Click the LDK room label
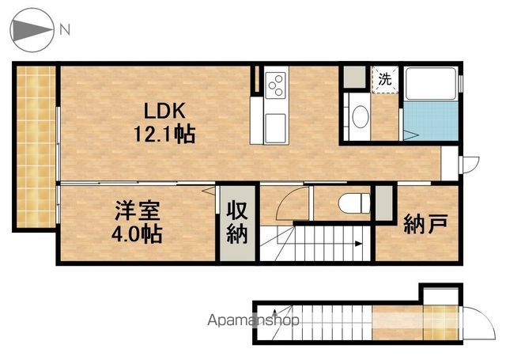coord(164,111)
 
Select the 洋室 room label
coord(138,210)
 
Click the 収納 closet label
coord(237,222)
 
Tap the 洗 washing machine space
coord(385,79)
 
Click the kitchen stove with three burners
coord(276,85)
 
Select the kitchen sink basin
coord(275,128)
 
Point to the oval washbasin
coord(361,116)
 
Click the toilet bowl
coord(354,203)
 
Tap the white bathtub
coord(431,83)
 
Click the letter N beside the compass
coord(65,30)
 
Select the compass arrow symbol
coord(32,30)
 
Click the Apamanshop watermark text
coord(253,320)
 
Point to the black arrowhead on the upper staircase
coord(358,244)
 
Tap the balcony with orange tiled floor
coord(36,147)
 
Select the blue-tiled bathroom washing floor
coord(431,121)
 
